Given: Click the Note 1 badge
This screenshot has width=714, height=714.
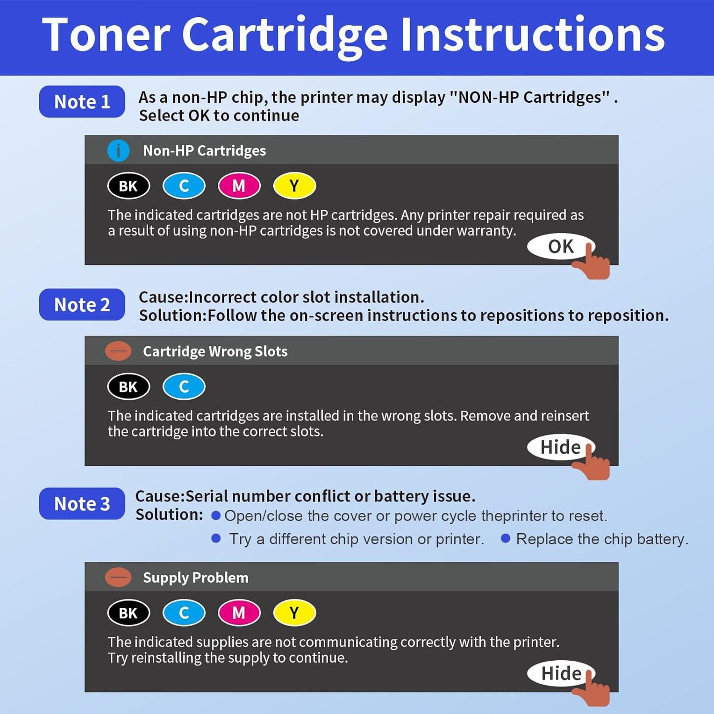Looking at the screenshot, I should click(82, 102).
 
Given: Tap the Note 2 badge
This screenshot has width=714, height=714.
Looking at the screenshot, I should click(82, 305).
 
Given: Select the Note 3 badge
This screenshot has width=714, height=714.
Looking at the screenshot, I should click(82, 504).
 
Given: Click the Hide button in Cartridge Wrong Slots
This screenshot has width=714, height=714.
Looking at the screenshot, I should click(560, 447).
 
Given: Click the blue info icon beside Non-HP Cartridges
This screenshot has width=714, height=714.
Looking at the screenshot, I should click(119, 151).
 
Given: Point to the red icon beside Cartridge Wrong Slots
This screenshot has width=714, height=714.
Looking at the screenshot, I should click(119, 351).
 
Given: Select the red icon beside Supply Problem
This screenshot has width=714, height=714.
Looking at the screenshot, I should click(119, 577).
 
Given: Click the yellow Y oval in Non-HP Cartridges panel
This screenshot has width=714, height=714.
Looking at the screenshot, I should click(294, 186).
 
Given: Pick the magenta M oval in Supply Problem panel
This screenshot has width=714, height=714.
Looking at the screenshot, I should click(239, 613).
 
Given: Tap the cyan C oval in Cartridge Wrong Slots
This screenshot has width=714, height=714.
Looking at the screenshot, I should click(184, 386).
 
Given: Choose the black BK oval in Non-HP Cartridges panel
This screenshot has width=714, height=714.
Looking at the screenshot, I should click(128, 186).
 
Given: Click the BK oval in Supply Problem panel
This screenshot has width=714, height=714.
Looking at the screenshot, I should click(128, 613).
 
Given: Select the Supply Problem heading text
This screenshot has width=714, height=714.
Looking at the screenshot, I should click(196, 577).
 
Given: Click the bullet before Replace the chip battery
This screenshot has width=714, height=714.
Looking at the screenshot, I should click(505, 538).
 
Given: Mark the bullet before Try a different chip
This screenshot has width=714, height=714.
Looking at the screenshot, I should click(216, 538).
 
